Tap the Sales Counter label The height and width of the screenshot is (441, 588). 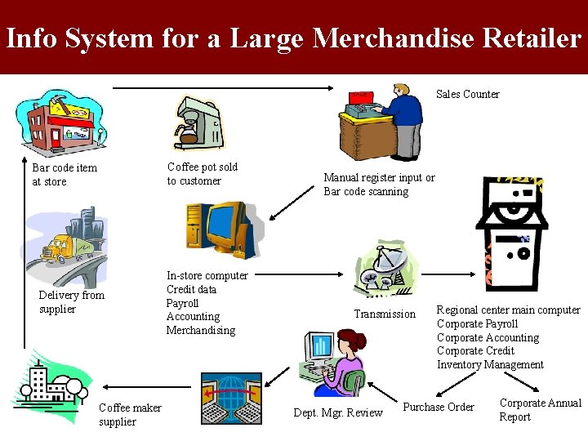click(467, 94)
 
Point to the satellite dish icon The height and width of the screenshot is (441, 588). click(379, 270)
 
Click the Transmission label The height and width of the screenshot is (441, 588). click(384, 314)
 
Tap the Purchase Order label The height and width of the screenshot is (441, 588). click(439, 407)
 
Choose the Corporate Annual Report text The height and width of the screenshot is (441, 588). click(540, 409)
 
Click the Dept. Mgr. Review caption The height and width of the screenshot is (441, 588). click(337, 412)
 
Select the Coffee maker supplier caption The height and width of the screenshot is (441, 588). click(130, 414)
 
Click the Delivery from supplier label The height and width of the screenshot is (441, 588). click(71, 302)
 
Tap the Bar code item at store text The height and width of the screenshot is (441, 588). click(64, 174)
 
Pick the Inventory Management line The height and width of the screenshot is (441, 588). click(490, 364)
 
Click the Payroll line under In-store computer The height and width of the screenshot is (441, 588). click(182, 303)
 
